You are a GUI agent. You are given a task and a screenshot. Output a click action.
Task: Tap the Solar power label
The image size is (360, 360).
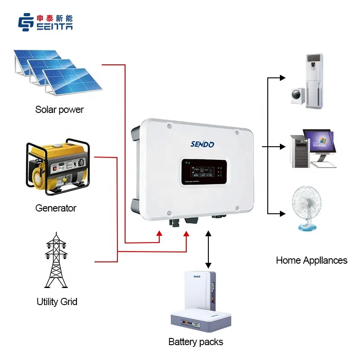click(x=59, y=109)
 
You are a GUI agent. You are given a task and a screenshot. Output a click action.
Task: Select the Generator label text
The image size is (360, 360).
click(x=56, y=208)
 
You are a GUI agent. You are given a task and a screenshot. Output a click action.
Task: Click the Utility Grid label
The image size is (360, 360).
click(x=57, y=301)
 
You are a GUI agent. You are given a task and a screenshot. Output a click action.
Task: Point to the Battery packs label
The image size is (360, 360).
click(x=196, y=342)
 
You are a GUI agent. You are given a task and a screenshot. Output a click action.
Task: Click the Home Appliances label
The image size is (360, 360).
click(x=311, y=260)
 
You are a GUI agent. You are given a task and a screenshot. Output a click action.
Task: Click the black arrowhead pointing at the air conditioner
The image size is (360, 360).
click(x=282, y=78)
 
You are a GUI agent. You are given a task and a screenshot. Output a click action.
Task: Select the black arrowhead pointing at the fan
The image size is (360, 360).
click(x=282, y=213)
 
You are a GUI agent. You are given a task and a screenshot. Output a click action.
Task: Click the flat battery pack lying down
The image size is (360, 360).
click(x=201, y=320)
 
